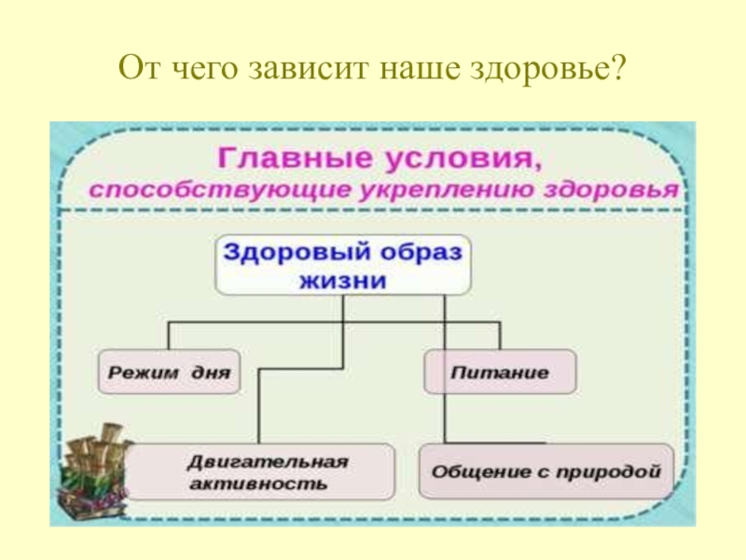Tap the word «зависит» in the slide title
click(x=296, y=69)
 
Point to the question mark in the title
click(x=618, y=69)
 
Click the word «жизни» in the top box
click(x=344, y=281)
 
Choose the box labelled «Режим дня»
click(x=169, y=373)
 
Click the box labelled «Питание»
click(x=500, y=373)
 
